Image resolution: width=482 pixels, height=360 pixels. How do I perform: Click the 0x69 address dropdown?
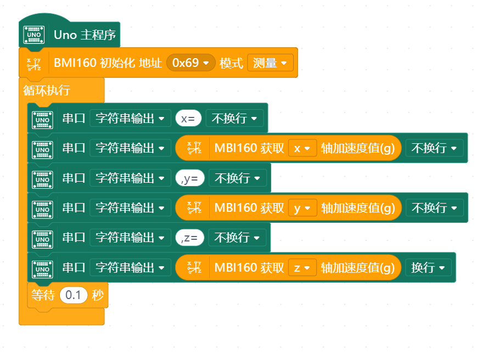pyautogui.click(x=190, y=63)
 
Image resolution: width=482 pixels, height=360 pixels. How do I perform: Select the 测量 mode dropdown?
pyautogui.click(x=269, y=63)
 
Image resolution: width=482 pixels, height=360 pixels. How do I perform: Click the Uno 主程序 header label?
pyautogui.click(x=85, y=35)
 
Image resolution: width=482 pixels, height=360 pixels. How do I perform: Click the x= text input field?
pyautogui.click(x=188, y=119)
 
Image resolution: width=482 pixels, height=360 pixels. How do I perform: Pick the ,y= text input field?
pyautogui.click(x=190, y=178)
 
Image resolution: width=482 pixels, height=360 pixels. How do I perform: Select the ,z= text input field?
pyautogui.click(x=190, y=238)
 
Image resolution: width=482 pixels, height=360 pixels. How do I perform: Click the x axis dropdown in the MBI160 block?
pyautogui.click(x=302, y=148)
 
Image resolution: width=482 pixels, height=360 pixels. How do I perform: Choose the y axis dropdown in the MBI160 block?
pyautogui.click(x=302, y=208)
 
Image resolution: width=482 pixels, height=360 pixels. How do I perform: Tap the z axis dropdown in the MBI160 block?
pyautogui.click(x=302, y=268)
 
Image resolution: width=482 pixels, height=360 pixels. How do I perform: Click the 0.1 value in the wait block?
pyautogui.click(x=73, y=295)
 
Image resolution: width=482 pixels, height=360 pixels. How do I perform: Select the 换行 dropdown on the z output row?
pyautogui.click(x=428, y=268)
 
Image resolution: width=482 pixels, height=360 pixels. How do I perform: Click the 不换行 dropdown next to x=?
pyautogui.click(x=234, y=119)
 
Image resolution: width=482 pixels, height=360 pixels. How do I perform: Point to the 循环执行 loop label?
pyautogui.click(x=47, y=90)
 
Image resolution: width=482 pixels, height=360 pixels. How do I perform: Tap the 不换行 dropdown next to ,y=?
pyautogui.click(x=237, y=178)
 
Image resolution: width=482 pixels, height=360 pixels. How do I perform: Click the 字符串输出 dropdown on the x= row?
pyautogui.click(x=130, y=119)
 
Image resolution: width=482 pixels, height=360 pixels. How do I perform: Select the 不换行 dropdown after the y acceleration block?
pyautogui.click(x=434, y=208)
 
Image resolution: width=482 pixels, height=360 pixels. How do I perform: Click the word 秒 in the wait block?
pyautogui.click(x=98, y=295)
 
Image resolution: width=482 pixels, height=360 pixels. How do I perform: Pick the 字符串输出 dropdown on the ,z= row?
pyautogui.click(x=130, y=238)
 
